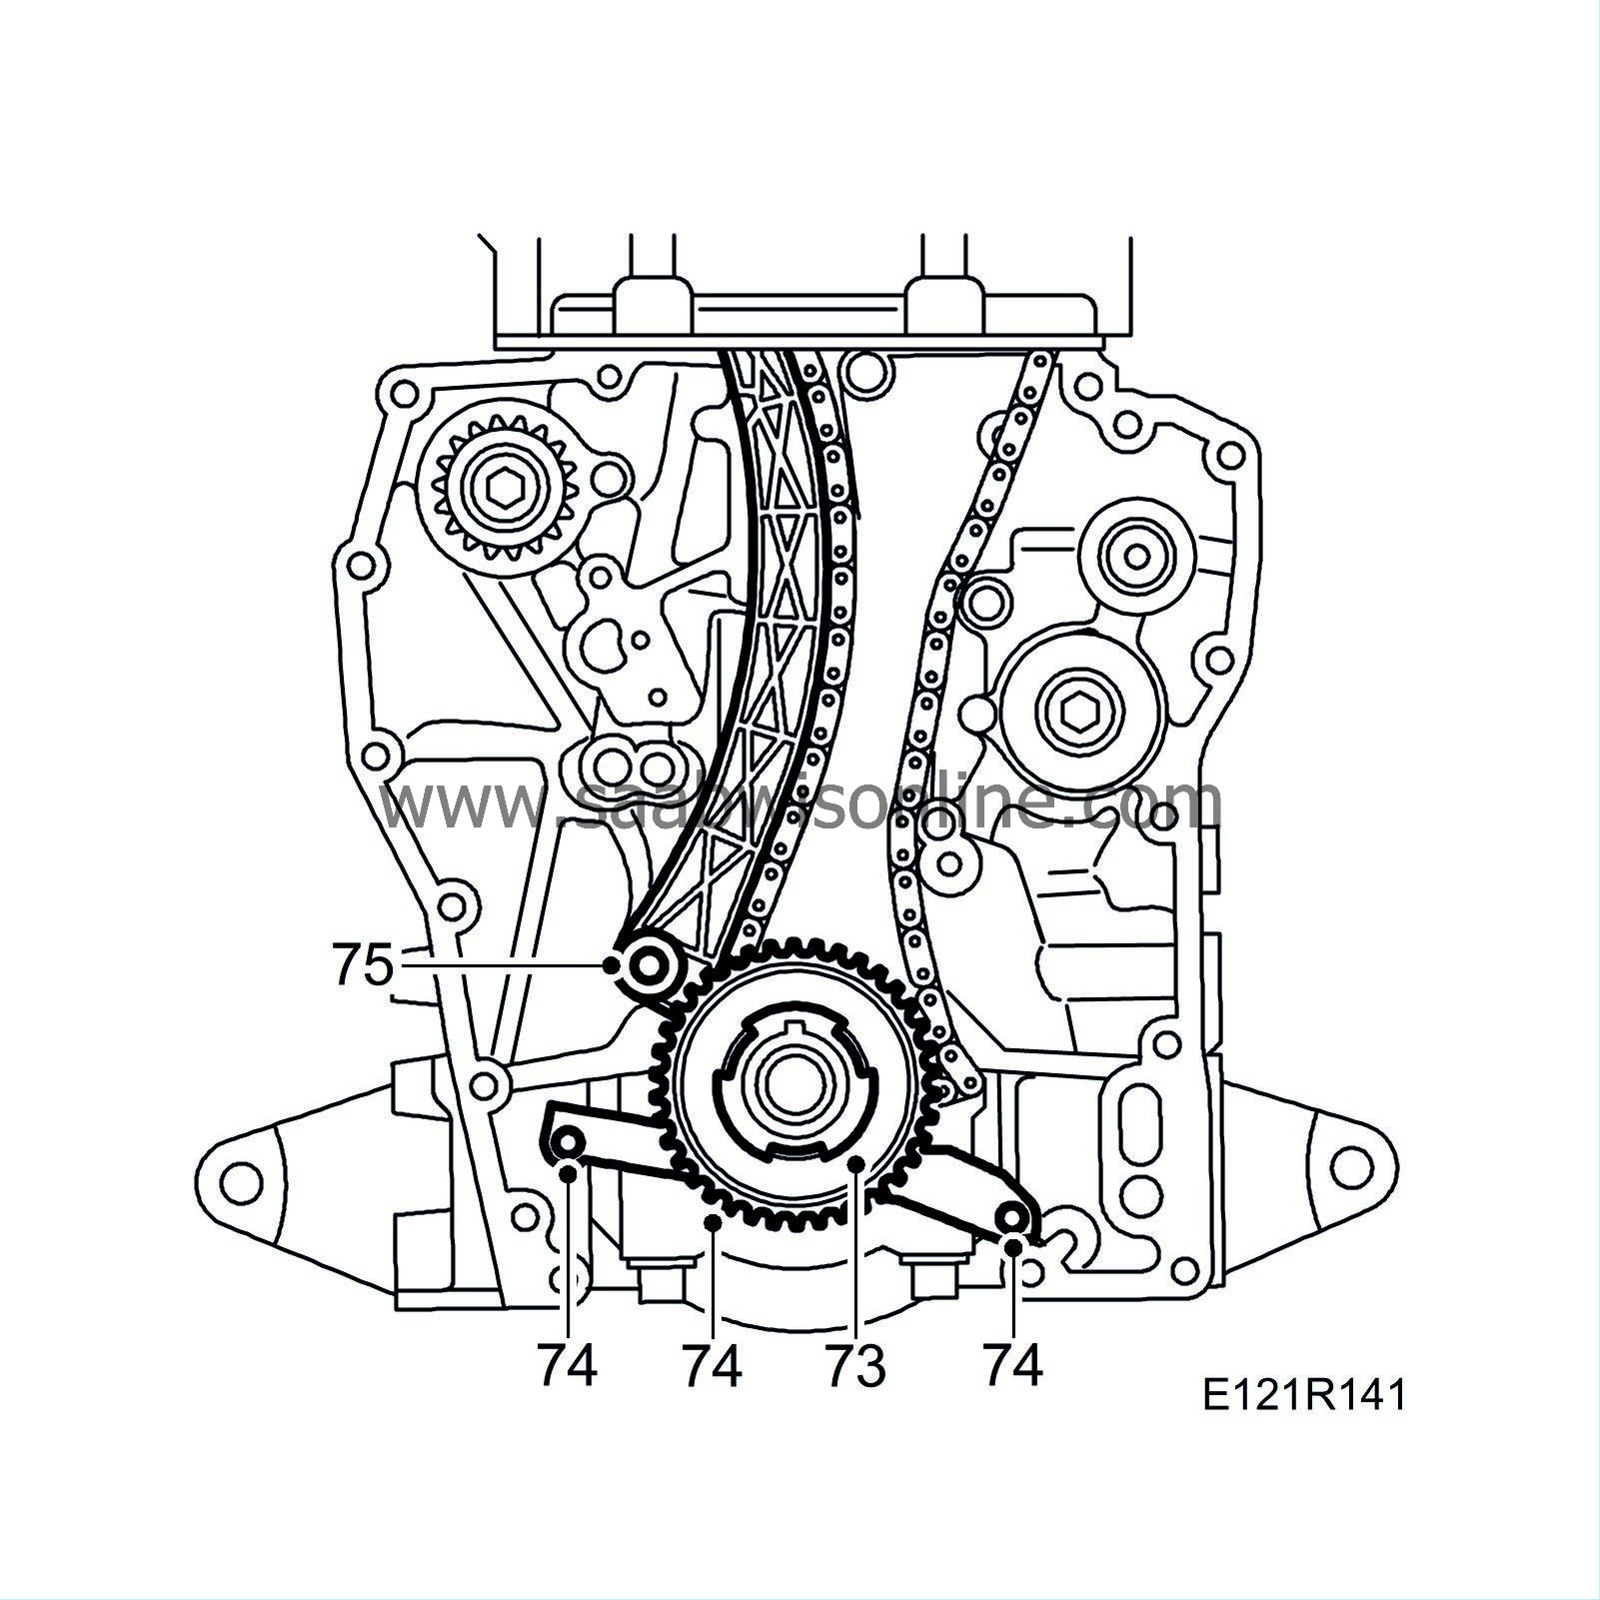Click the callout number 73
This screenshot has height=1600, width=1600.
pos(855,1366)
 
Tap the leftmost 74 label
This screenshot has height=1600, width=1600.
pos(567,1366)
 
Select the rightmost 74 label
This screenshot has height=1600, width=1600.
pos(1012,1364)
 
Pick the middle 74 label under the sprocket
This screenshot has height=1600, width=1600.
pos(712,1366)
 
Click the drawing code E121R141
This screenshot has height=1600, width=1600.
pos(1304,1395)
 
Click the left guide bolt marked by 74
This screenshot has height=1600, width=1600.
pos(568,1142)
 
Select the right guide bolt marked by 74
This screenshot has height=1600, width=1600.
pos(1012,1219)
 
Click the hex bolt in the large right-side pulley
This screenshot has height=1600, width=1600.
pos(1077,712)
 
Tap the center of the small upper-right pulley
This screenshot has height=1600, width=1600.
pos(1137,552)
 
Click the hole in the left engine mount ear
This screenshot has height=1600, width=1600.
pos(238,1182)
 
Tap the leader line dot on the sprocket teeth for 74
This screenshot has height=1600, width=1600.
pos(712,1222)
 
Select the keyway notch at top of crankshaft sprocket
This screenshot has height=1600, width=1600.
pos(796,1029)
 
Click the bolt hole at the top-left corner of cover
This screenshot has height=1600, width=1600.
pos(402,394)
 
